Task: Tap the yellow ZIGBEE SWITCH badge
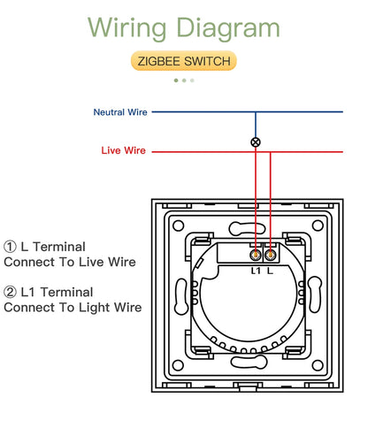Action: coord(184,61)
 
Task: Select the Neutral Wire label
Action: coord(120,112)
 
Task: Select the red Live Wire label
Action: coord(123,151)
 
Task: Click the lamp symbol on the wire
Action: coord(257,141)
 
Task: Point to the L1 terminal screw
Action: coord(256,254)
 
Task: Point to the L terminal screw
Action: coord(270,254)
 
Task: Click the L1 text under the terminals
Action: coord(255,270)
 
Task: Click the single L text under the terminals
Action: coord(271,270)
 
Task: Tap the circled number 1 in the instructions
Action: coord(10,247)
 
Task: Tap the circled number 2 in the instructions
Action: coord(10,292)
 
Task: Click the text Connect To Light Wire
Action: coord(73,308)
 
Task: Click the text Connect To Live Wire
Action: coord(70,263)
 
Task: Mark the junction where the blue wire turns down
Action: coord(257,112)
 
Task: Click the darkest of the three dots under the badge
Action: coord(176,80)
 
